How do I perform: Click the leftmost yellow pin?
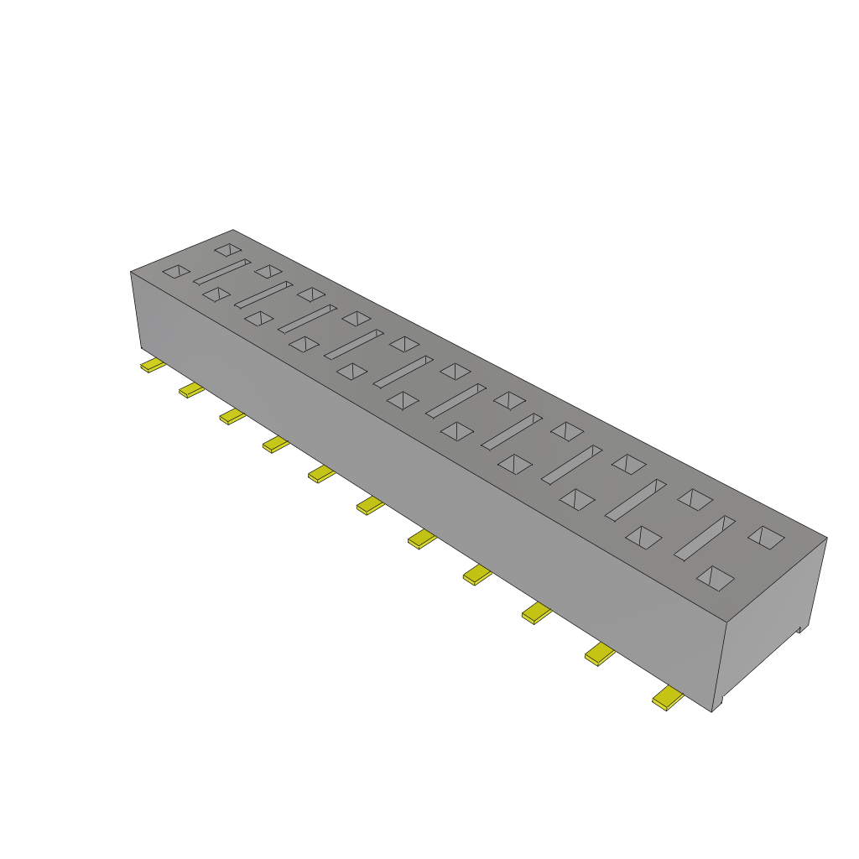[152, 366]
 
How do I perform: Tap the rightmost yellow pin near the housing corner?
[668, 697]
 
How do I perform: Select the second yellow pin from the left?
[191, 390]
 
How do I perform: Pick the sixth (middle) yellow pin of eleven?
[370, 505]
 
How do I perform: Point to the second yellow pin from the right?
[600, 653]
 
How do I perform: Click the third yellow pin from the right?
[536, 613]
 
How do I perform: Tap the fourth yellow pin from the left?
[275, 444]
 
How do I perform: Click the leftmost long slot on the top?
[221, 272]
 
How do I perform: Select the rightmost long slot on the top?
[705, 538]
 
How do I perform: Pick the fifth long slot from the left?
[403, 371]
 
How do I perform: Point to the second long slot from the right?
[635, 499]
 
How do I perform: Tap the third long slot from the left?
[307, 318]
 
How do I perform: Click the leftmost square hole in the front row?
[176, 271]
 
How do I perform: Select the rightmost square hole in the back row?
[766, 537]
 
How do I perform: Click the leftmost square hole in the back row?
[227, 249]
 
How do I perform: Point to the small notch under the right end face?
[799, 628]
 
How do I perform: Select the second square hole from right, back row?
[695, 499]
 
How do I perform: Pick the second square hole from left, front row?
[216, 294]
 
